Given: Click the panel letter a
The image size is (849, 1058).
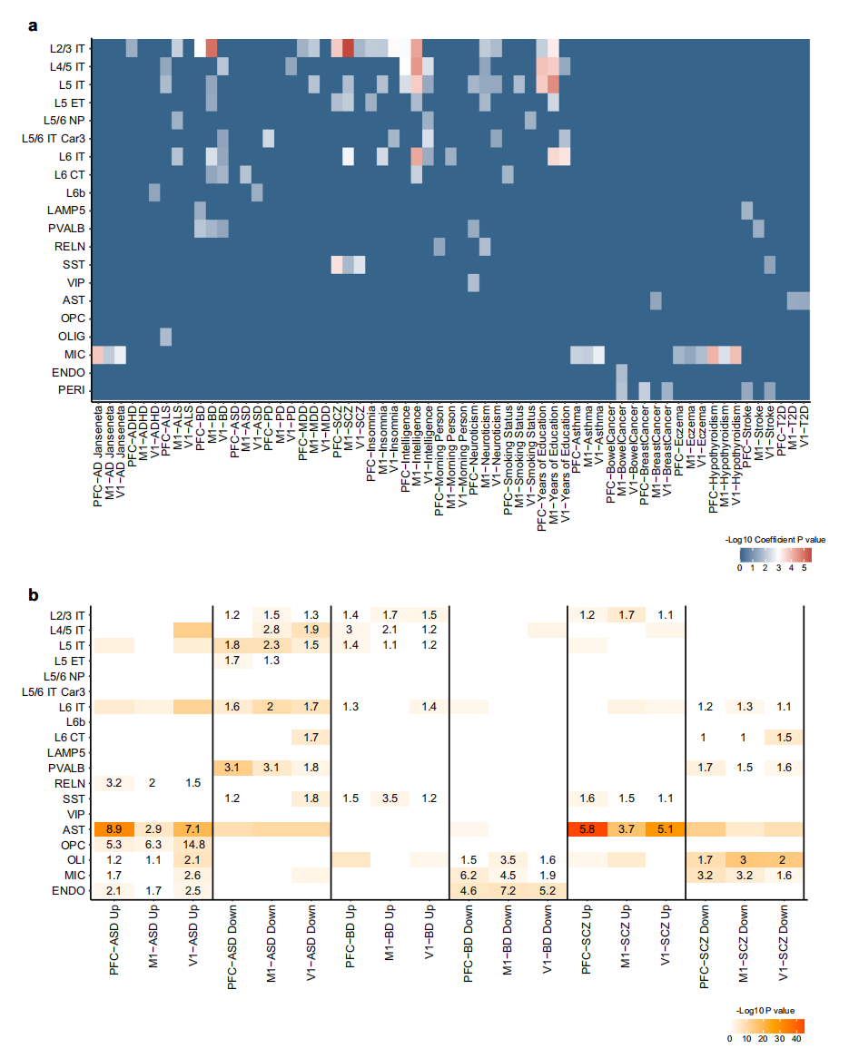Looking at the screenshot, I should [33, 24].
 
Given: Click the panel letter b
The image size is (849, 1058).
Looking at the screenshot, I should [33, 596].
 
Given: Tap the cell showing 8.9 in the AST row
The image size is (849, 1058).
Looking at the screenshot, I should [114, 828].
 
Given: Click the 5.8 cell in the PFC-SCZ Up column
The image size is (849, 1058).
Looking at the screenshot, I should [587, 828].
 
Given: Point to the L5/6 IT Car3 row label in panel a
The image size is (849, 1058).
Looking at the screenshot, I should [55, 138].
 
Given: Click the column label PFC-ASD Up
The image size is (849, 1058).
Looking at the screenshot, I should [115, 944].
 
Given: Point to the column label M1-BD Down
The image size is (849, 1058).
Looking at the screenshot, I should [506, 944].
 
